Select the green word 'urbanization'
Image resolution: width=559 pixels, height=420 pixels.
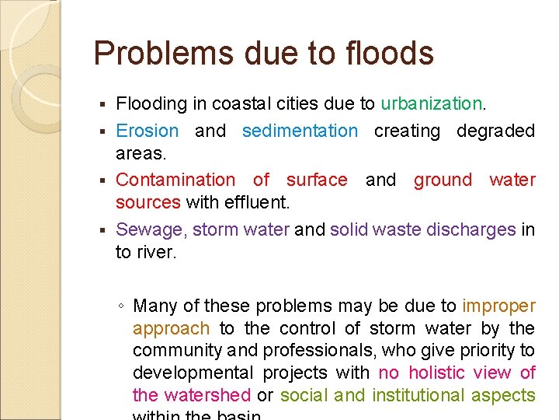(432, 103)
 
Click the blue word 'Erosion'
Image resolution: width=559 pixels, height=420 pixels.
(148, 131)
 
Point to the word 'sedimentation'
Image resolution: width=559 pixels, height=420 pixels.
(300, 131)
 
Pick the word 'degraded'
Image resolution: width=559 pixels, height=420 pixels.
(495, 131)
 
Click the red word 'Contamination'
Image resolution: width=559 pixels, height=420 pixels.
(175, 180)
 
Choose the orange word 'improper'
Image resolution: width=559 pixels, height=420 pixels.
(498, 306)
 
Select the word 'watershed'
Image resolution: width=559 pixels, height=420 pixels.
(205, 395)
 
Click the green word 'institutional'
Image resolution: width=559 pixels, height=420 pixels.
(420, 395)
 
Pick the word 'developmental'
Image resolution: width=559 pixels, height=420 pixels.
(194, 373)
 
